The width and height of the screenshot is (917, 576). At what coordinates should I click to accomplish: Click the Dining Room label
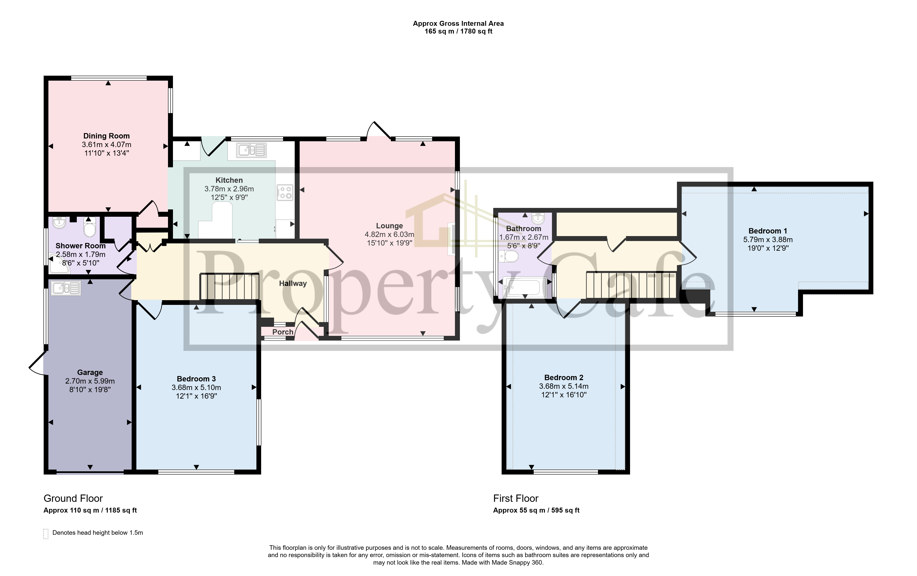pyautogui.click(x=107, y=136)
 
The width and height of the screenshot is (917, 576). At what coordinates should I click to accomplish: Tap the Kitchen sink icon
pyautogui.click(x=251, y=150)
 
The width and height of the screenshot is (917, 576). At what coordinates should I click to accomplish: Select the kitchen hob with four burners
pyautogui.click(x=285, y=192)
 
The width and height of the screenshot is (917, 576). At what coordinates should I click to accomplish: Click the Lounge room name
pyautogui.click(x=389, y=226)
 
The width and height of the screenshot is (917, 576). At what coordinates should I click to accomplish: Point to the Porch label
pyautogui.click(x=283, y=332)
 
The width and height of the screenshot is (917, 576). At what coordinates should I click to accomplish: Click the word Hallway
pyautogui.click(x=293, y=283)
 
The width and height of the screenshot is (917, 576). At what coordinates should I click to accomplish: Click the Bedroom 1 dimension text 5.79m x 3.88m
pyautogui.click(x=768, y=240)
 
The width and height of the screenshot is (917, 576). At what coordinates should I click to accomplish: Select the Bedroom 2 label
pyautogui.click(x=564, y=378)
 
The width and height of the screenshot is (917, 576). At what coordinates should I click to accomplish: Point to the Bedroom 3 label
pyautogui.click(x=196, y=379)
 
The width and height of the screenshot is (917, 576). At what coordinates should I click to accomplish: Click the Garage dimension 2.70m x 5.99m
pyautogui.click(x=90, y=381)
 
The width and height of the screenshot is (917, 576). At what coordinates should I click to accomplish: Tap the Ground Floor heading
pyautogui.click(x=73, y=498)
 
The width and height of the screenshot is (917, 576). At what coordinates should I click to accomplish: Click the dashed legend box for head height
pyautogui.click(x=46, y=534)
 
